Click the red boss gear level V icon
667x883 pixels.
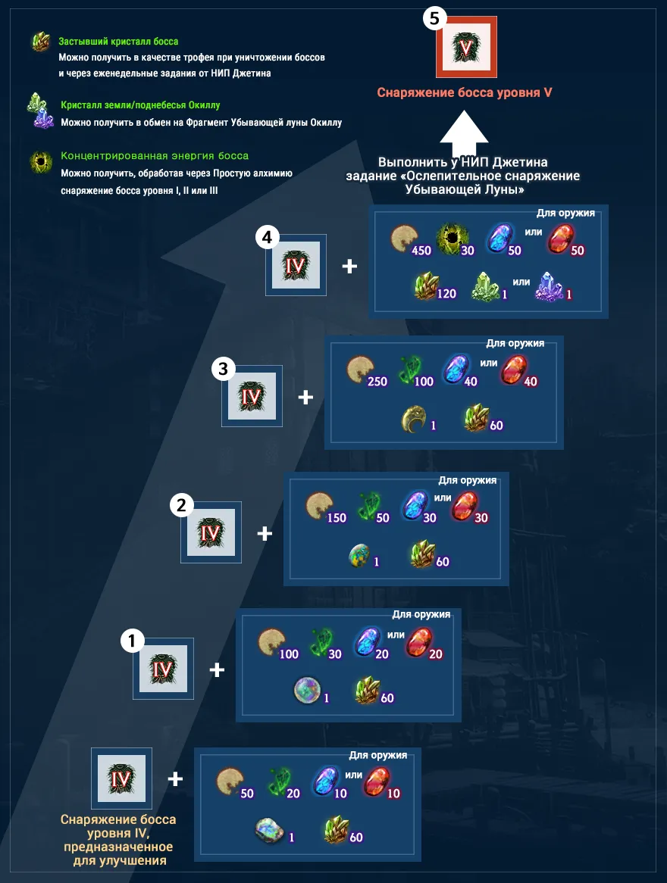(x=466, y=47)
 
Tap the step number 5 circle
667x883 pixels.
(x=434, y=19)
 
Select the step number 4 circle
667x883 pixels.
(x=268, y=237)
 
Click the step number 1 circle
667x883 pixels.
(x=133, y=641)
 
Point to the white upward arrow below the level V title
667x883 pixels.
(x=464, y=135)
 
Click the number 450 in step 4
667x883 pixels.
(x=421, y=251)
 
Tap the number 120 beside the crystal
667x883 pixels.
(x=446, y=293)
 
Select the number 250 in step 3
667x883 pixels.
(x=377, y=382)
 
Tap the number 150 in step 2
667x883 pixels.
(x=337, y=518)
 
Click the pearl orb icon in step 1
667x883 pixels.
(x=307, y=691)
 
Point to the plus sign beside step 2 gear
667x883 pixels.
(x=265, y=533)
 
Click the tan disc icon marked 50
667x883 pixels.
(x=230, y=782)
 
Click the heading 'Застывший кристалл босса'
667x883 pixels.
(x=118, y=41)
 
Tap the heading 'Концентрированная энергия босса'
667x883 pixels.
(x=155, y=156)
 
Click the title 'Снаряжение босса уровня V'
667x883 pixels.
(x=465, y=92)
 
